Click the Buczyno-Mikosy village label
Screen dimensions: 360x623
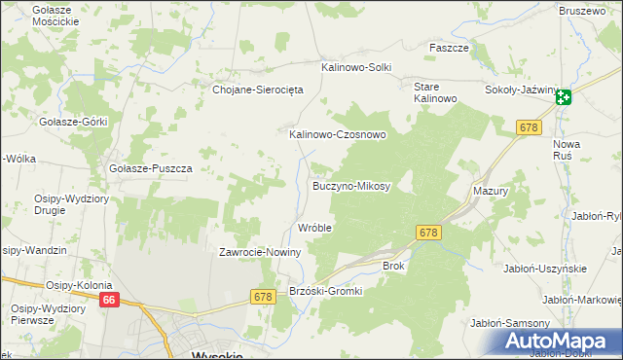[x=350, y=185]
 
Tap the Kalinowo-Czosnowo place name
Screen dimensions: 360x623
[x=338, y=135]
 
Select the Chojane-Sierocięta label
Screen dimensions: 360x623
[x=259, y=89]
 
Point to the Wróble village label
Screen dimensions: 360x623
[x=314, y=228]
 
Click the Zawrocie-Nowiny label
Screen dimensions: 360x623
[x=261, y=252]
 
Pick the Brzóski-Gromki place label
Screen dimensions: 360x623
[x=326, y=291]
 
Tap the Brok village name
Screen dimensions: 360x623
[x=393, y=265]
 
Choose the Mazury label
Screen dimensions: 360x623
[x=491, y=192]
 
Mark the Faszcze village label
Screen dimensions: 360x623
[x=450, y=47]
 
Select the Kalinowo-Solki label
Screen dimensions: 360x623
[x=356, y=67]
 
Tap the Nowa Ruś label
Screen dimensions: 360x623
[x=567, y=149]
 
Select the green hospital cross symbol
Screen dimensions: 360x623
[x=565, y=95]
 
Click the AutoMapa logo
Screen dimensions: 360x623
[x=559, y=342]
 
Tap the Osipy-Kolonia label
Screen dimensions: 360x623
[x=81, y=285]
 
